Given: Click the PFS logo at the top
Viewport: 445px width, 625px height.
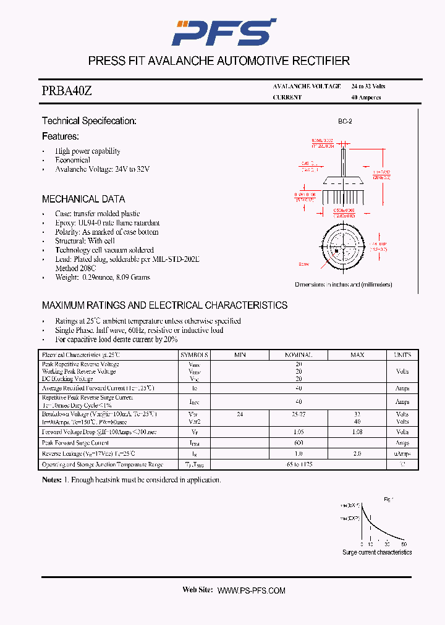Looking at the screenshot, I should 223,31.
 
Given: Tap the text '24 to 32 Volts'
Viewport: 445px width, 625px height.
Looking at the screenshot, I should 368,86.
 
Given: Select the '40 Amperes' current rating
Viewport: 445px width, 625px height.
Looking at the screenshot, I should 366,98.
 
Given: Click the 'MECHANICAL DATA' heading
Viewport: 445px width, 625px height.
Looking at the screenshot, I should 83,199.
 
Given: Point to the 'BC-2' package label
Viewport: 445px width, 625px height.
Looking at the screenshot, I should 345,122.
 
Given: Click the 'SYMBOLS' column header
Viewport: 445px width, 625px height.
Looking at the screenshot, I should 195,355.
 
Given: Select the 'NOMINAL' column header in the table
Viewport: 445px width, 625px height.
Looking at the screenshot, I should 299,355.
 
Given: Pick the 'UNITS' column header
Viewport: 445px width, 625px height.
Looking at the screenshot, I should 402,355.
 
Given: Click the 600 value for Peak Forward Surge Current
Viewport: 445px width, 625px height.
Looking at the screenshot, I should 299,443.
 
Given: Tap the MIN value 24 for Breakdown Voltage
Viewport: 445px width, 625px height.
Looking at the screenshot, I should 240,414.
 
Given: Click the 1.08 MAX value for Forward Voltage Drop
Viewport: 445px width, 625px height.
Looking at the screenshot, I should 357,432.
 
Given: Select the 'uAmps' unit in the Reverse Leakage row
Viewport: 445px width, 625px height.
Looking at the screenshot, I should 402,454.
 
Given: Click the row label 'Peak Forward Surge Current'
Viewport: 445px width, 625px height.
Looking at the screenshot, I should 75,443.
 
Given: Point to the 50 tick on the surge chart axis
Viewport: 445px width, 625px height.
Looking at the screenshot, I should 404,544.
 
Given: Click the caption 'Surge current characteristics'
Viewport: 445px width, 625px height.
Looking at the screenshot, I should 377,552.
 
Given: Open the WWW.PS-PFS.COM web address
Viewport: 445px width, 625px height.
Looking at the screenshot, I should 252,590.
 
